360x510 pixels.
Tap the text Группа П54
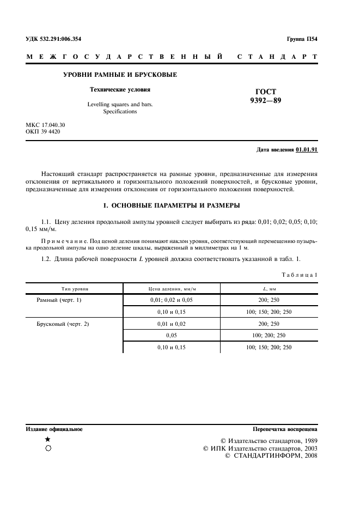(x=302, y=39)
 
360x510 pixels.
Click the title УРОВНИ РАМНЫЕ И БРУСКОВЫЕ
(x=120, y=74)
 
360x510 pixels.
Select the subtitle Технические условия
(x=120, y=89)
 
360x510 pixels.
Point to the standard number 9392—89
(x=265, y=100)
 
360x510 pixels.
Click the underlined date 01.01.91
(x=307, y=149)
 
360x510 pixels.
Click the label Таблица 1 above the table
(x=299, y=275)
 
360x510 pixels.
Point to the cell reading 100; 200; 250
(x=269, y=336)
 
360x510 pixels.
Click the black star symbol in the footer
(x=48, y=439)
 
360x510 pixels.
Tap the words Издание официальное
(x=54, y=429)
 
